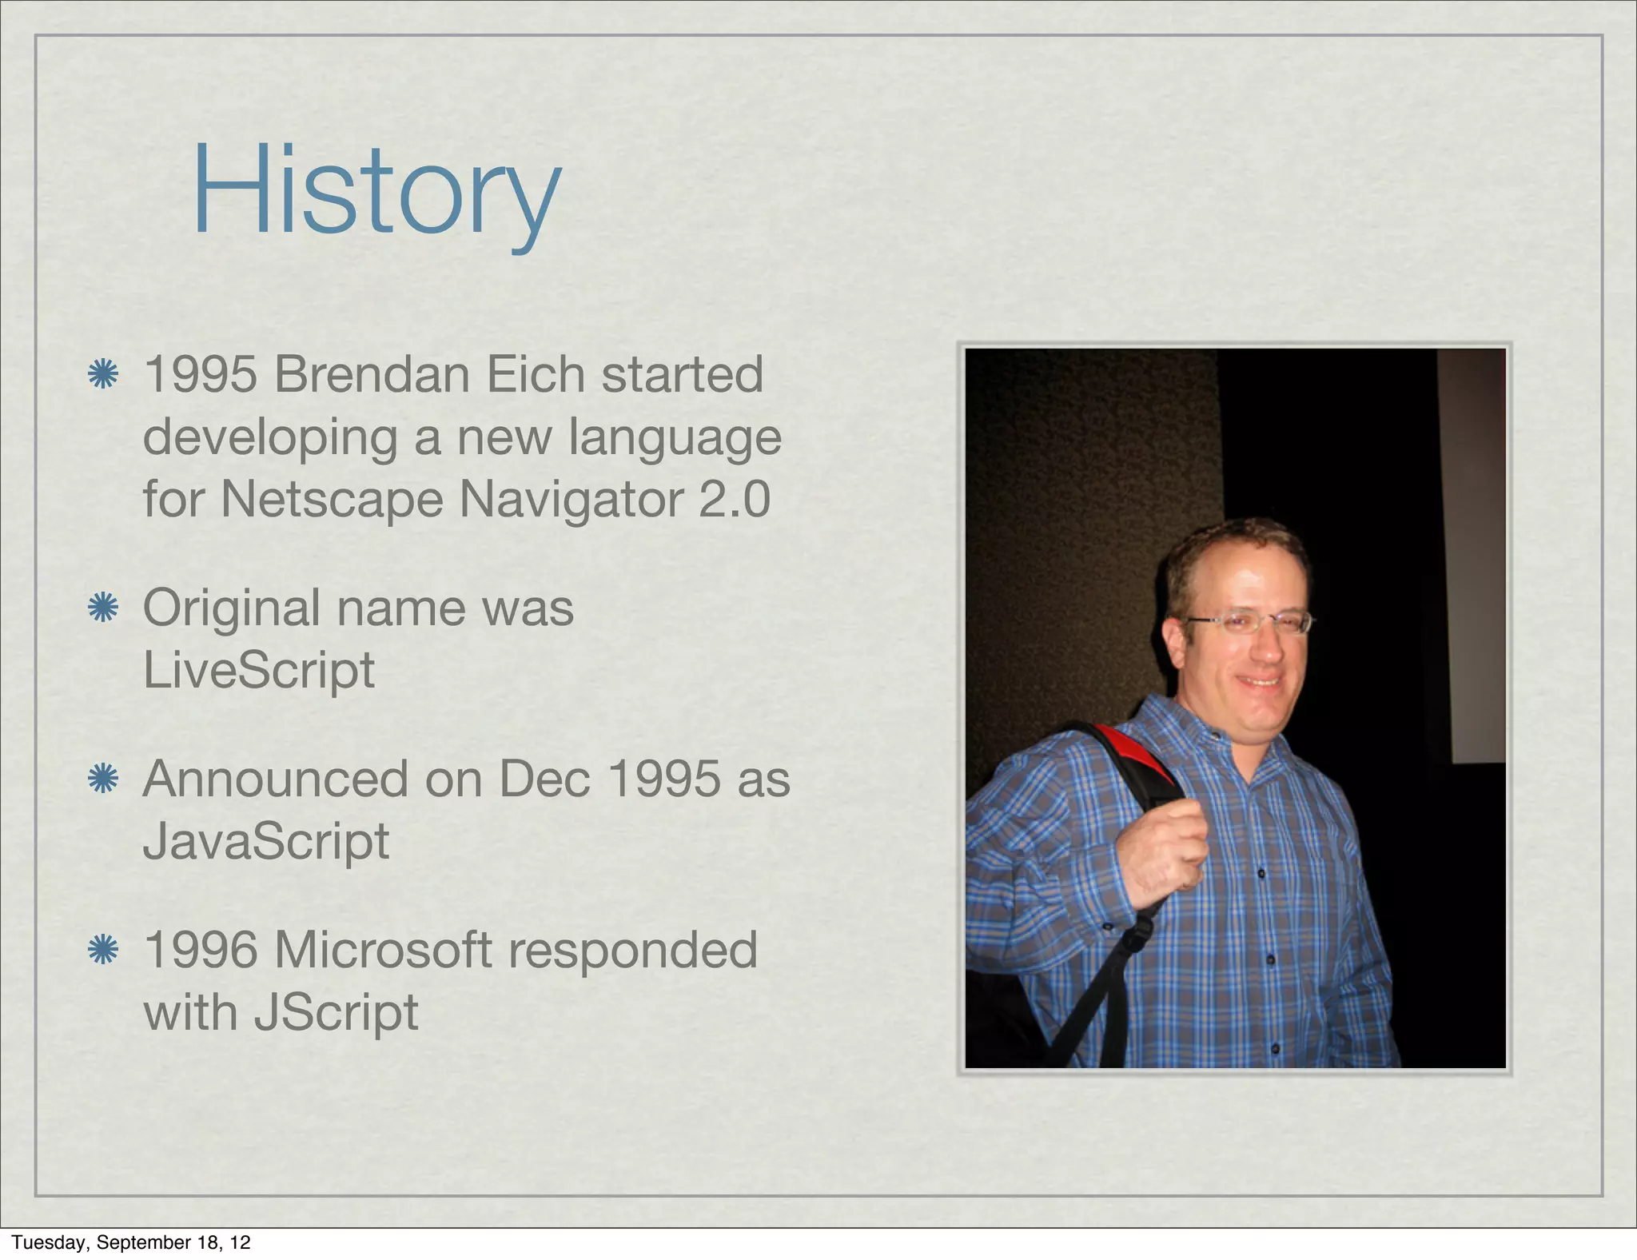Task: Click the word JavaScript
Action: [x=265, y=841]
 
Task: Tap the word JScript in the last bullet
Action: [x=336, y=1012]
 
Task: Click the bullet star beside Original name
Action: [x=103, y=608]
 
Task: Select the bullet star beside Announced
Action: [x=103, y=779]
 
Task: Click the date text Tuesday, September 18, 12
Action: [x=131, y=1242]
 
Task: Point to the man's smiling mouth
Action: [x=1259, y=681]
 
